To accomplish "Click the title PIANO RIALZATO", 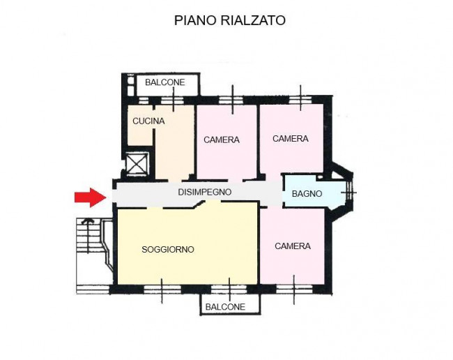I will (229, 21).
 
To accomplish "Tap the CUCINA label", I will (148, 121).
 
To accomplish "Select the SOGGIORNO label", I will (167, 249).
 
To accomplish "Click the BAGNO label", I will (307, 194).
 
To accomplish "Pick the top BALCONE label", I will (165, 83).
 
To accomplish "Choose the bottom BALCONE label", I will (225, 307).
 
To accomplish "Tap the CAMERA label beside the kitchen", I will (222, 140).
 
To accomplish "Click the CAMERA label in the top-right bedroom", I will (291, 139).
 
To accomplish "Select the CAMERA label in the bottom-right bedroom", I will (293, 246).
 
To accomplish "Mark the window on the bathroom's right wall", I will (351, 192).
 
